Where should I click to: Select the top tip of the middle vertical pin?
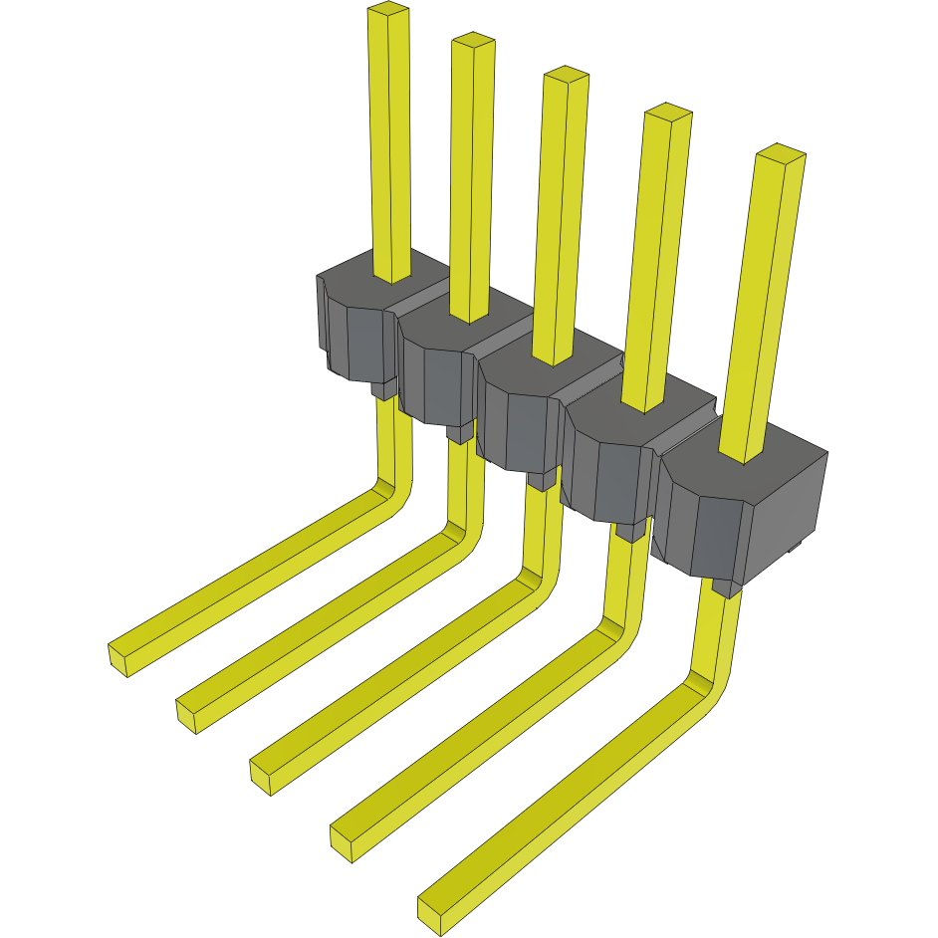(x=566, y=74)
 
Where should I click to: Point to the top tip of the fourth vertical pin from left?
(x=667, y=111)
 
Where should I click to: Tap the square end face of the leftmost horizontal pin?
(x=118, y=660)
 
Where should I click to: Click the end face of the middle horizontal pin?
(x=261, y=777)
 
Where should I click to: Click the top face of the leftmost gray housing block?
(x=358, y=279)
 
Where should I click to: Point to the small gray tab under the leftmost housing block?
(x=383, y=390)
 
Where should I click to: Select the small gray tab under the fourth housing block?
(x=629, y=532)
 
